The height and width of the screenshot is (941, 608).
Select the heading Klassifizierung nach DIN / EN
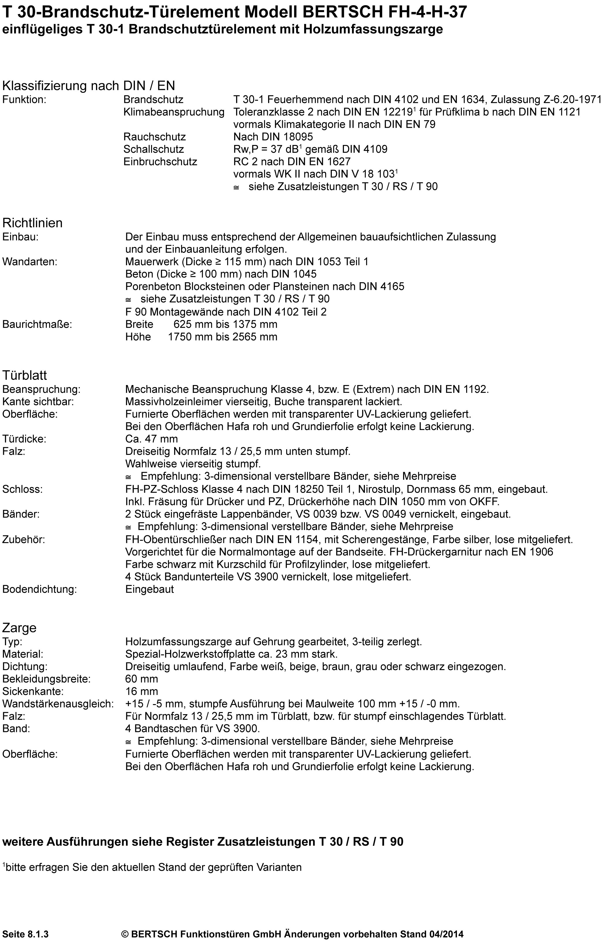(89, 85)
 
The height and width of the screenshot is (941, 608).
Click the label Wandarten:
(30, 261)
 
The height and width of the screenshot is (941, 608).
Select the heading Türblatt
(25, 375)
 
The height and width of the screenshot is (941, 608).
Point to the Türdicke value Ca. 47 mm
(151, 439)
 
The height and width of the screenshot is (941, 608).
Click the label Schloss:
(22, 489)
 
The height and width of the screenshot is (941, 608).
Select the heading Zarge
(19, 628)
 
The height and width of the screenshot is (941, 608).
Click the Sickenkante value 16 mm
(141, 691)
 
